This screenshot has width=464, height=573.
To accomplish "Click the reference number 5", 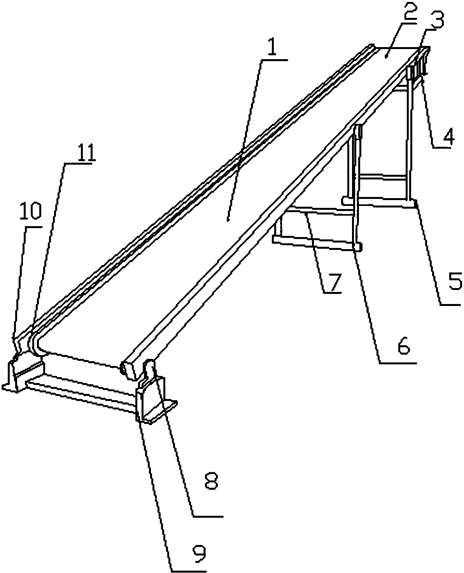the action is coord(454,281).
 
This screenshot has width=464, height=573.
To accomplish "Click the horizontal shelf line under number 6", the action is coord(398,363).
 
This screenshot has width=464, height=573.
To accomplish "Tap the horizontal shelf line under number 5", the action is coord(450,305).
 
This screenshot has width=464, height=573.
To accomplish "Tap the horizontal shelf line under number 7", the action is coord(332,293).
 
